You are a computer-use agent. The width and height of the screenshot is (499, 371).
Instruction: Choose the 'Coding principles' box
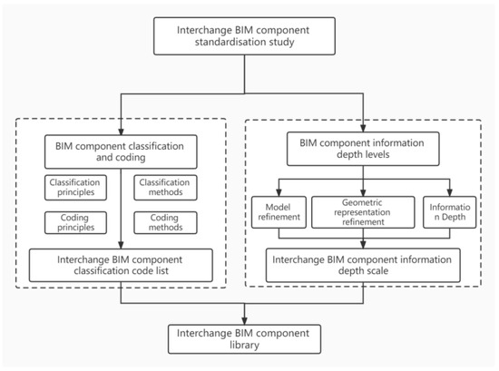(x=74, y=223)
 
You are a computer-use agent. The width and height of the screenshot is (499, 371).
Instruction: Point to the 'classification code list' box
(x=122, y=264)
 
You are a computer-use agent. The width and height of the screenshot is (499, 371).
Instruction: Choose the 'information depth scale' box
(x=364, y=264)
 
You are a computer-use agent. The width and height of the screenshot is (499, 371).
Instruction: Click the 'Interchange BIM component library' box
(x=249, y=338)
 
